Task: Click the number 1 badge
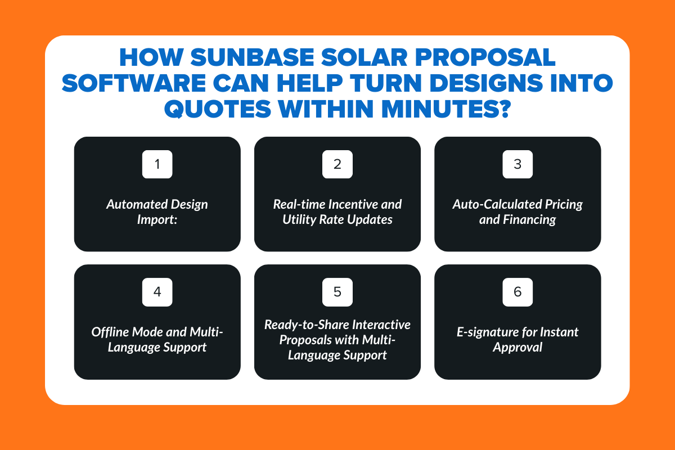157,164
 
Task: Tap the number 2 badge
337,164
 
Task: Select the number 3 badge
517,164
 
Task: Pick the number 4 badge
157,291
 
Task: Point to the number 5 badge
337,291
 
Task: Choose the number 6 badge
517,291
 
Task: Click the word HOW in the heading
147,58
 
